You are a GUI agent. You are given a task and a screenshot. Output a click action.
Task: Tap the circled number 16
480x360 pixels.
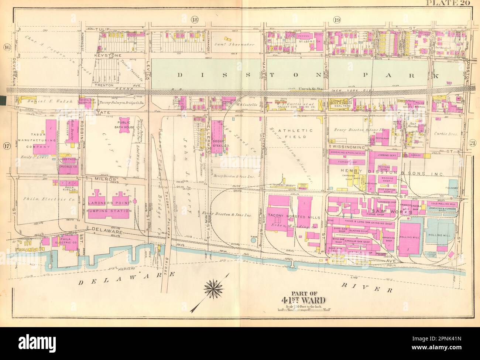click(6, 47)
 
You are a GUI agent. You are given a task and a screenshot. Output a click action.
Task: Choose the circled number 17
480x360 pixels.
click(6, 145)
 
